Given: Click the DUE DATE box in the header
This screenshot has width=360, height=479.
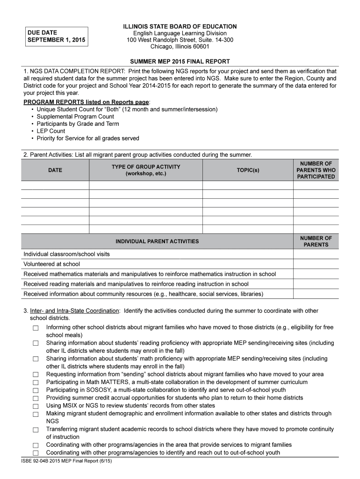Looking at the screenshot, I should point(56,36).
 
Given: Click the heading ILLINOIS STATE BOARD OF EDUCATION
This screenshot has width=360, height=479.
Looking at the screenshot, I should point(180,26).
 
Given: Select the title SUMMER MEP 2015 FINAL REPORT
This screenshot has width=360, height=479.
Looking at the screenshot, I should point(180,62).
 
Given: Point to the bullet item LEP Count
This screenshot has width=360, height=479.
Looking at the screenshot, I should point(50,131).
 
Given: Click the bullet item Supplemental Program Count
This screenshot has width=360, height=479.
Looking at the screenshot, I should point(75,116).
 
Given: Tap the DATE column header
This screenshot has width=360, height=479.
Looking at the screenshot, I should point(55,170).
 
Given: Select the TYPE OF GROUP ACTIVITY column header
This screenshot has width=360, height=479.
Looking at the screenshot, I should point(145,170).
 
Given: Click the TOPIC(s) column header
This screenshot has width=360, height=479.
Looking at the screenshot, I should point(248,170).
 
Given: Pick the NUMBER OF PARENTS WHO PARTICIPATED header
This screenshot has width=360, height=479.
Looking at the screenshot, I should point(316,170).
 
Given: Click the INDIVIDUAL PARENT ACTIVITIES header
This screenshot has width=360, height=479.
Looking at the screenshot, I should point(157,241).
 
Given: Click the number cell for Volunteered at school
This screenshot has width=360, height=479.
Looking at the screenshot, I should point(316,264).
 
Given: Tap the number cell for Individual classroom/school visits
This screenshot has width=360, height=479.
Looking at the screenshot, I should point(316,254).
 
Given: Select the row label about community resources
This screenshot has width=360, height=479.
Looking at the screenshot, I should point(143,294).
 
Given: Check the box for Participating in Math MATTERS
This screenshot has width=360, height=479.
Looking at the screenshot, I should point(36,383).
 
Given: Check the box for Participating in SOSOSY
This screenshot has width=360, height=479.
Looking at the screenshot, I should point(36,391).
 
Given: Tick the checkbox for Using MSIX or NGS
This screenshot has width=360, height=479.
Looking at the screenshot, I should point(36,406).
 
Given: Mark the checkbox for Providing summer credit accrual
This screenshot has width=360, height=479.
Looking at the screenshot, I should point(36,399).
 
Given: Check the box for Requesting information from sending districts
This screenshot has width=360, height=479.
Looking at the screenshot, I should point(36,375).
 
